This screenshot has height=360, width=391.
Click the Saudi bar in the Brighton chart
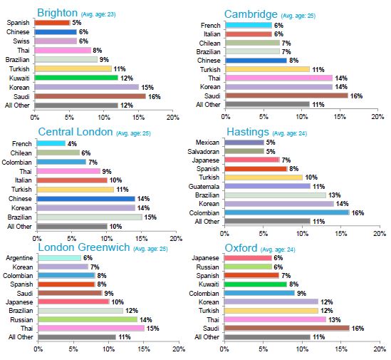[x=90, y=96]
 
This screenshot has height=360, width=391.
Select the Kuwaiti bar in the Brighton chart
[x=76, y=78]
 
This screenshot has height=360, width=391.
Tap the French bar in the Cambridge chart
[x=249, y=25]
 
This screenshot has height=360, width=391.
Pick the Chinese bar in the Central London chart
[x=85, y=199]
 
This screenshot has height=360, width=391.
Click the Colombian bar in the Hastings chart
[x=287, y=212]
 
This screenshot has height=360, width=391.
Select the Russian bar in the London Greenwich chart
[x=88, y=319]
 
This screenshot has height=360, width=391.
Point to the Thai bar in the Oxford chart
[x=276, y=319]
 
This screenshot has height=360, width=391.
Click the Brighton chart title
[x=58, y=13]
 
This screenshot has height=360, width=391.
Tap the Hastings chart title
[x=248, y=132]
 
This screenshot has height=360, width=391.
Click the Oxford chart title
[x=241, y=248]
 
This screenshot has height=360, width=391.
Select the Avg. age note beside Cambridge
[x=298, y=16]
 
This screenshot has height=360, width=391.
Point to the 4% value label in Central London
[x=72, y=144]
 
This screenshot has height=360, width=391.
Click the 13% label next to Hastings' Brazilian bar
[x=335, y=195]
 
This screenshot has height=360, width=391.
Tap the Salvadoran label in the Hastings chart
[x=204, y=152]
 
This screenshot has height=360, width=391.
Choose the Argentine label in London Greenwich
[x=19, y=258]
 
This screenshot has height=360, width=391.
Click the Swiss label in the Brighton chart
[x=21, y=41]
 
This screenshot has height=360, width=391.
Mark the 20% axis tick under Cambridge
[x=377, y=117]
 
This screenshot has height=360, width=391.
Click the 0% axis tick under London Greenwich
[x=38, y=349]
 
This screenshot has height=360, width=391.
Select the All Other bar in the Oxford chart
[x=267, y=337]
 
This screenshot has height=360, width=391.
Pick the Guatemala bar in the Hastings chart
[x=268, y=186]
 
